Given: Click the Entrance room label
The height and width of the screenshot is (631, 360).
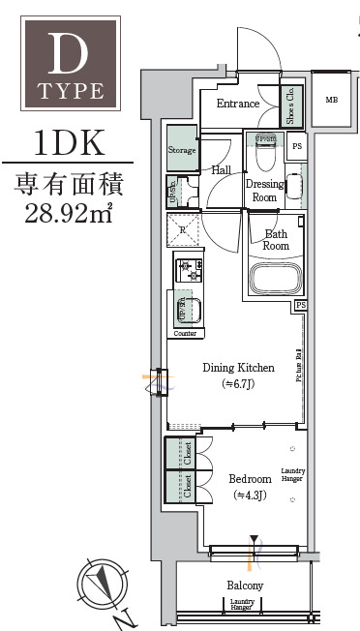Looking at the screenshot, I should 237,104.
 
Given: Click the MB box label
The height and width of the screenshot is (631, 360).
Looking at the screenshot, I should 332,100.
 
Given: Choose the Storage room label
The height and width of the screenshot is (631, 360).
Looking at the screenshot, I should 182,150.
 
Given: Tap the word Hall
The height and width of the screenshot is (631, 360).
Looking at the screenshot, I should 220,169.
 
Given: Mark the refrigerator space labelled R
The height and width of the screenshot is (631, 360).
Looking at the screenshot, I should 183,230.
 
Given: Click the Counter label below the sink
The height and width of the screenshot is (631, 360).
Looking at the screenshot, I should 186,333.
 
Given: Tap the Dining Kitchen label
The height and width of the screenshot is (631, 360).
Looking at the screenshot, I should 238,368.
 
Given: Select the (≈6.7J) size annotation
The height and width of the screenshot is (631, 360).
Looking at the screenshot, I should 238,385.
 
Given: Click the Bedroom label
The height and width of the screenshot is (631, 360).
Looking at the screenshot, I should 249,479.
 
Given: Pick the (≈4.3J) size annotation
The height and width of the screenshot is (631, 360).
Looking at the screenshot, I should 249,496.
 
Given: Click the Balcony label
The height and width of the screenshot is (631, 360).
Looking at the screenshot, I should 245,586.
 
